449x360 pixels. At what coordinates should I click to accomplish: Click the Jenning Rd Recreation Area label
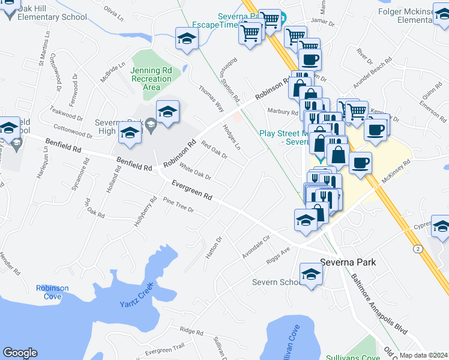151,79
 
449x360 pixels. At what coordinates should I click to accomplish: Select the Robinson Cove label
52,292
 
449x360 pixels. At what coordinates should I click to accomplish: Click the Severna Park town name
348,262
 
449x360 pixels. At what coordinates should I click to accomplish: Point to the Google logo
20,353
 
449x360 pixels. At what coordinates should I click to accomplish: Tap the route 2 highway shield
418,248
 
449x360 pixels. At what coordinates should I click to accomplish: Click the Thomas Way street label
211,99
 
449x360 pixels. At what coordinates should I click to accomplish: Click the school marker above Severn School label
311,274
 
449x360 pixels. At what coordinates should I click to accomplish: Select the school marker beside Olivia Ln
187,39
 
